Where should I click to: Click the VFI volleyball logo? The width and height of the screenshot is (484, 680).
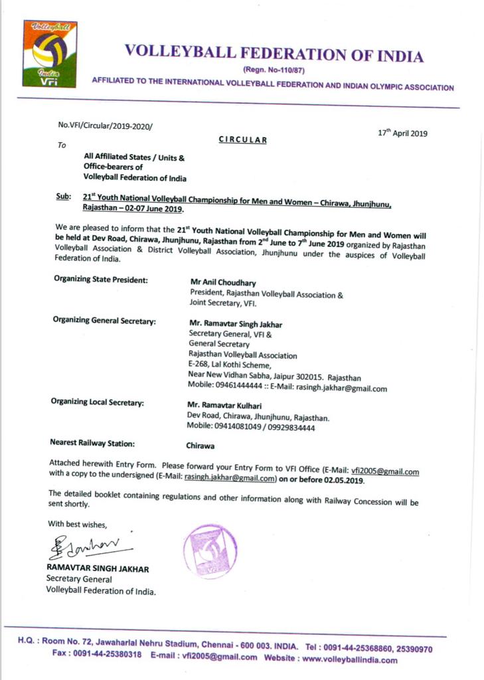tap(50, 54)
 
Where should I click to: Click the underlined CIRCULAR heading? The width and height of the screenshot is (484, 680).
tap(243, 139)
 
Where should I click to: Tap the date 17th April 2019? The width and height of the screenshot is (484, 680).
tap(402, 132)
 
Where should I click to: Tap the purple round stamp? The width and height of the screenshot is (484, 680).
tap(210, 551)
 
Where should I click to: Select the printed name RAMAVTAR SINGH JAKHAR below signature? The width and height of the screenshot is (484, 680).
tap(98, 568)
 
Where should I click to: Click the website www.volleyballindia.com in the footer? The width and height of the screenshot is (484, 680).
tap(350, 659)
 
